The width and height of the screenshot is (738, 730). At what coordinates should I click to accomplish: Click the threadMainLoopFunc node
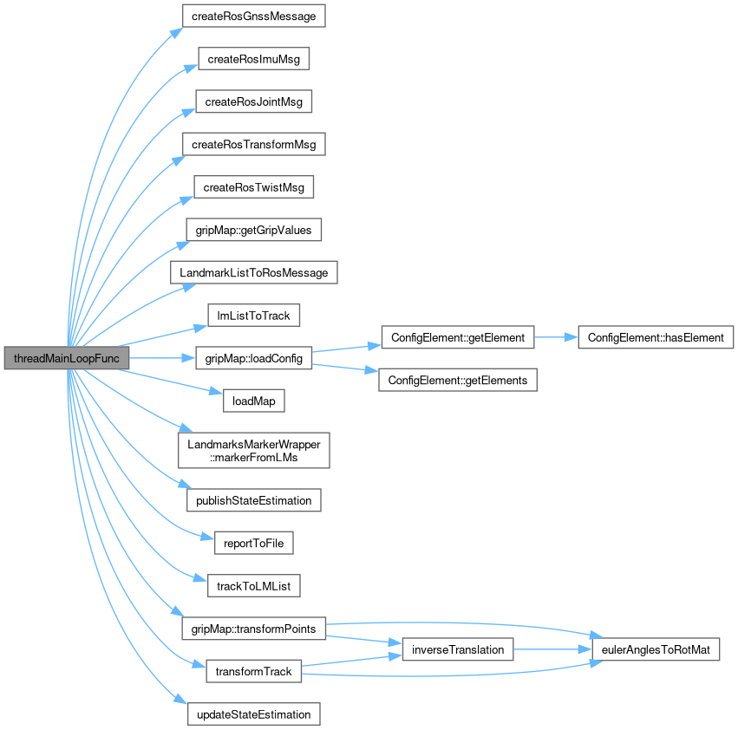[x=66, y=358]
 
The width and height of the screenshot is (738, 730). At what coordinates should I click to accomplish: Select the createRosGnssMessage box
[x=253, y=16]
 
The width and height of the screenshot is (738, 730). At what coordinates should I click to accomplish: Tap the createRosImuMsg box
[x=253, y=58]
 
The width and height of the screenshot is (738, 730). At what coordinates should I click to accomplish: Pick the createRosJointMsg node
[x=253, y=101]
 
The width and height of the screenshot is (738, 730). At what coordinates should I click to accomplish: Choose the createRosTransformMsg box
[x=253, y=144]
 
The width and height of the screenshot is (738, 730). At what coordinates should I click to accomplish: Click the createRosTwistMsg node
[x=253, y=187]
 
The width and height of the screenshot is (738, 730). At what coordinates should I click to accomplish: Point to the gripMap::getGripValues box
[x=253, y=230]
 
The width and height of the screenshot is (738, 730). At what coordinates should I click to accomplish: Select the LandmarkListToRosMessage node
[x=253, y=272]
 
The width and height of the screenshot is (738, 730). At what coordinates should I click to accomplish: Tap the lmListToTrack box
[x=253, y=316]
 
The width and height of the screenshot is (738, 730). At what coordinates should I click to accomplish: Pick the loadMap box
[x=253, y=401]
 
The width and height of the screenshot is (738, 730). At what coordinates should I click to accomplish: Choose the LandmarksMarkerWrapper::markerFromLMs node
[x=253, y=451]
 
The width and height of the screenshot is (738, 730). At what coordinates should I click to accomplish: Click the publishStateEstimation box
[x=253, y=500]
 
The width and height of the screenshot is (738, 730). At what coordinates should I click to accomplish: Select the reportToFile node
[x=253, y=544]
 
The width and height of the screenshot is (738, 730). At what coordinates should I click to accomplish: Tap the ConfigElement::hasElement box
[x=656, y=337]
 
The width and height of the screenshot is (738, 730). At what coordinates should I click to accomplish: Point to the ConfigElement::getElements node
[x=458, y=380]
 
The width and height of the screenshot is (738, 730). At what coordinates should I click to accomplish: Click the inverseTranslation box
[x=458, y=649]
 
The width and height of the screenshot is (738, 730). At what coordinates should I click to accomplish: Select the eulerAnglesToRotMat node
[x=656, y=649]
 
